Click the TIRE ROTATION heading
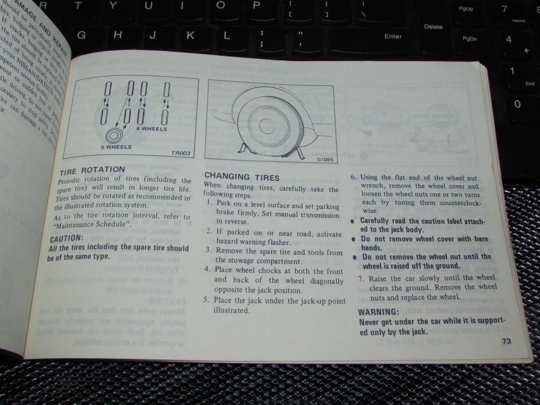pos(92,170)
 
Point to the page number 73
pos(506,341)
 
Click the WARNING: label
pos(379,312)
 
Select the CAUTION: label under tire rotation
pos(66,238)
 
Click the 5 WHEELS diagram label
pos(116,147)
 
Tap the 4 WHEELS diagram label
pos(151,129)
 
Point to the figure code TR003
pos(181,153)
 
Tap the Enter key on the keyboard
pos(393,36)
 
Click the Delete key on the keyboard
pos(433,27)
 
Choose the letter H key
pos(118,35)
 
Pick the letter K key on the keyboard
pos(190,35)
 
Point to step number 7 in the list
pos(361,279)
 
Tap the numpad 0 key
pos(517,103)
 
